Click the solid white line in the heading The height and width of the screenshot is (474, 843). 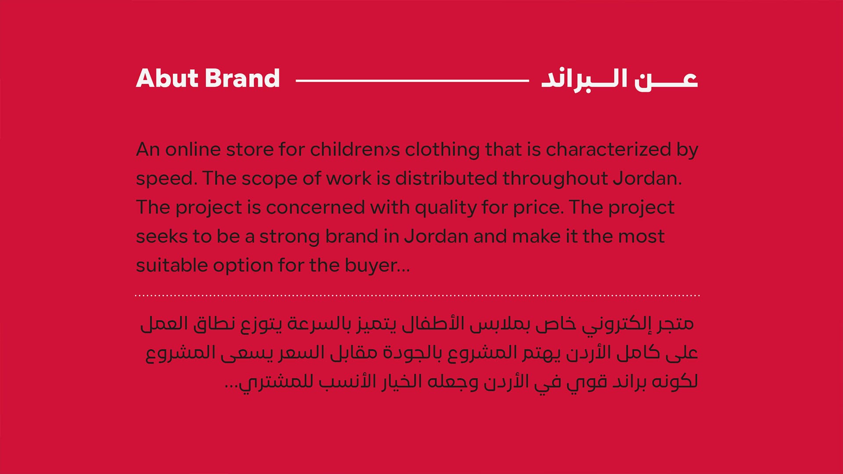(412, 81)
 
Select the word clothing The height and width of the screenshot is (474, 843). (442, 150)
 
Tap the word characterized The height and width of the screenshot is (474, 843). (609, 150)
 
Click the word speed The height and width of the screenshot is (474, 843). (166, 179)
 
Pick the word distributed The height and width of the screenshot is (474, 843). (446, 178)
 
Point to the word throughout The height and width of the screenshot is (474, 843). (555, 179)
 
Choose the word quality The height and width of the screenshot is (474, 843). (445, 208)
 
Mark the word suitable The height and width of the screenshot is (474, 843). (172, 265)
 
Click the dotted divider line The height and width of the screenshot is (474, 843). (417, 296)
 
